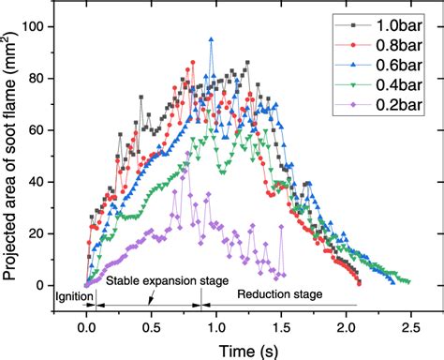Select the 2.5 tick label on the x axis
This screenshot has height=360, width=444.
409,326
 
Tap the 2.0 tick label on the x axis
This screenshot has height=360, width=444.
345,326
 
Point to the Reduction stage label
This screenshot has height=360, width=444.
279,293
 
